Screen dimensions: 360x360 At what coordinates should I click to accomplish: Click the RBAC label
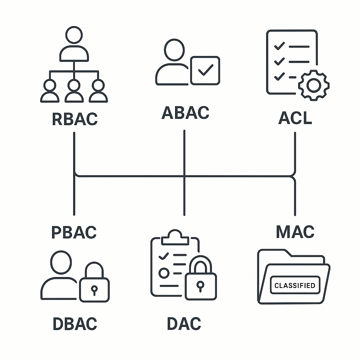[x=75, y=119]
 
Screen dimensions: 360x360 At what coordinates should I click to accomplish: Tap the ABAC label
[x=185, y=112]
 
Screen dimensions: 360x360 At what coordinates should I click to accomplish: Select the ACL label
[x=295, y=118]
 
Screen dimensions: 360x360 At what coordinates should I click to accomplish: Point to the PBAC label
[x=74, y=232]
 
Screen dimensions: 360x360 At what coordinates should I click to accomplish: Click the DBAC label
[x=75, y=324]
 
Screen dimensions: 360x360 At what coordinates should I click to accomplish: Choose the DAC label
[x=184, y=324]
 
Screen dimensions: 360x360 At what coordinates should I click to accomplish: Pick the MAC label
[x=295, y=232]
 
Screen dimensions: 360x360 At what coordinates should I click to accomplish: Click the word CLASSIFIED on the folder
[x=295, y=285]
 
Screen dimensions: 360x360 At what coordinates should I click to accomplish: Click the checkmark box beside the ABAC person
[x=205, y=70]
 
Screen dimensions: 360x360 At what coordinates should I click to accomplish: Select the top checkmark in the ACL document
[x=279, y=46]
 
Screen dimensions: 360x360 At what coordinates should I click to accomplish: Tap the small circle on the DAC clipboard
[x=163, y=273]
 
